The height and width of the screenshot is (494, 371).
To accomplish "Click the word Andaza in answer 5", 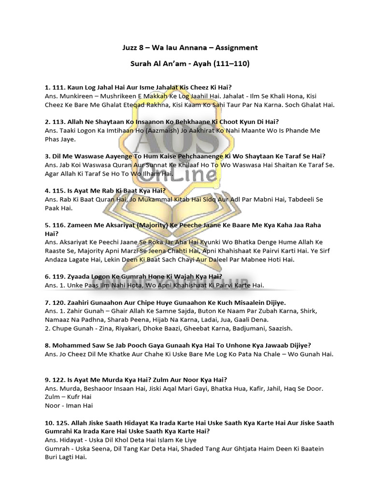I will (57, 260).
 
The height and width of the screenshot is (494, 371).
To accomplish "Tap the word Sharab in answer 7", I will (126, 319).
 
